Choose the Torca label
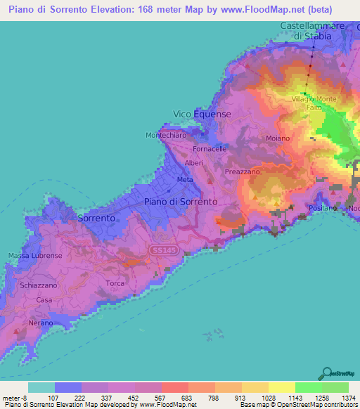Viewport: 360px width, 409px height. pos(115,283)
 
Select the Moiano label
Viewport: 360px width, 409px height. pos(278,138)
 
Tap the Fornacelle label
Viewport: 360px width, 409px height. pos(210,149)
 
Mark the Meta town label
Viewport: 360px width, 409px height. pos(185,180)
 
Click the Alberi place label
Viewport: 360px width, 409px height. pos(194,163)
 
